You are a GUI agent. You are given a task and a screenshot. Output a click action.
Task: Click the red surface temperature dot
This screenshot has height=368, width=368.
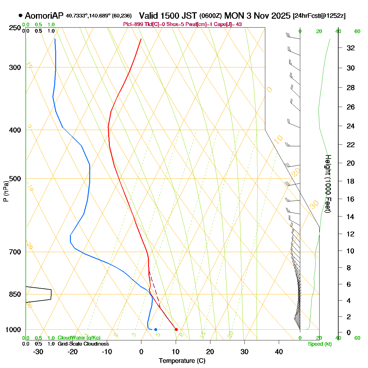176,329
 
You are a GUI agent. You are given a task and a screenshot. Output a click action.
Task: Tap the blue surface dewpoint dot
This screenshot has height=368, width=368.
156,329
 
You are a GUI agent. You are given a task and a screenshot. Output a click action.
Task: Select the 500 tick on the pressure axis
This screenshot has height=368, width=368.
16,178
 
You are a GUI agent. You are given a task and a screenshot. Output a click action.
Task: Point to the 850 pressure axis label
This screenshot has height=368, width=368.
16,294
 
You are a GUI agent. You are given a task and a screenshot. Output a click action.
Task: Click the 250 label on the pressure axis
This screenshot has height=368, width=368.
16,28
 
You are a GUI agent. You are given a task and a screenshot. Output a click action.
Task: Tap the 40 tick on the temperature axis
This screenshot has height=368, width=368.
279,352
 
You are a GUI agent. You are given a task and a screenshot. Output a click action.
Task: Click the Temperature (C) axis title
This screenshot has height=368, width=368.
182,361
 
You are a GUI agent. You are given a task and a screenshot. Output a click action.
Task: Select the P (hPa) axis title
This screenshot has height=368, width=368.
6,191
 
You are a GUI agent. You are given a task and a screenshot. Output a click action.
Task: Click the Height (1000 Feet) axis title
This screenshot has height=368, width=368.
328,184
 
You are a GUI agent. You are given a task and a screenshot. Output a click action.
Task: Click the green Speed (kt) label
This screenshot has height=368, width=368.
320,344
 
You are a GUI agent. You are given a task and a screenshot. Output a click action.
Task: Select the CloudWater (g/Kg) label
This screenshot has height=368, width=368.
79,338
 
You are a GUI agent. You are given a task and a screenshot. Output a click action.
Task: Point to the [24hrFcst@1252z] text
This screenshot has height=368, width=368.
319,16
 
